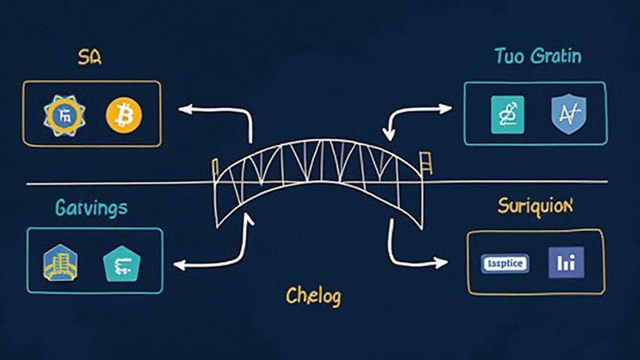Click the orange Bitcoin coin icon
[124, 115]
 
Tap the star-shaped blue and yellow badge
[64, 115]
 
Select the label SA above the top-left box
[89, 58]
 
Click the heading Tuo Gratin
[537, 57]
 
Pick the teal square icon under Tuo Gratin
[507, 114]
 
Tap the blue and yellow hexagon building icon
[61, 262]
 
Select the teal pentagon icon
[119, 262]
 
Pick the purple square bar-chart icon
[566, 262]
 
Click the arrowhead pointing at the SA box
[184, 109]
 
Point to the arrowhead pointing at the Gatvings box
[179, 266]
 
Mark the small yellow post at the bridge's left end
[215, 165]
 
